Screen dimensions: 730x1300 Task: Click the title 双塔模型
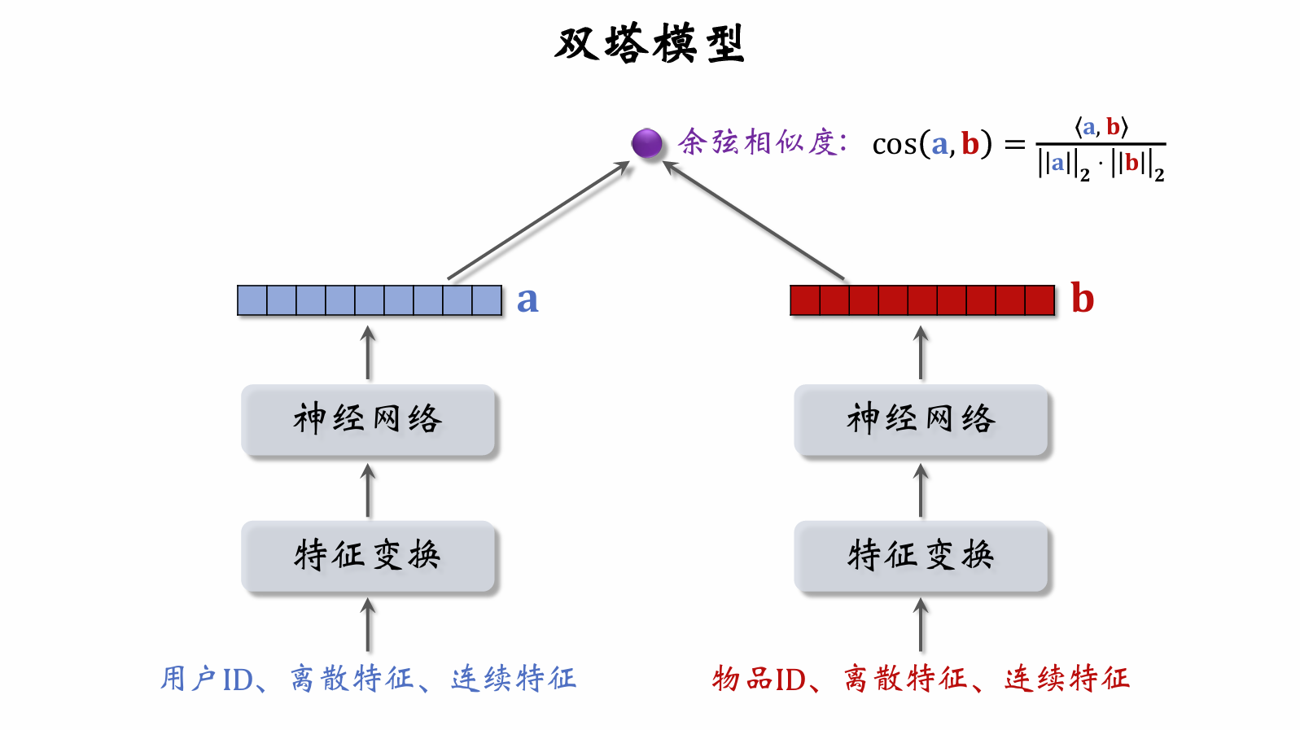click(x=650, y=44)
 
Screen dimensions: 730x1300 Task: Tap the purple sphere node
click(x=647, y=143)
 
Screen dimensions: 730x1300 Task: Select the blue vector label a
click(x=527, y=300)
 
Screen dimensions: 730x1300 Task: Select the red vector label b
click(x=1082, y=299)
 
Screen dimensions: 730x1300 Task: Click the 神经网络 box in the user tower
click(x=368, y=420)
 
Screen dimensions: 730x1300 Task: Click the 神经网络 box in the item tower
click(x=921, y=420)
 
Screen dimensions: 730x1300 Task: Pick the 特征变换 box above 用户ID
click(x=368, y=556)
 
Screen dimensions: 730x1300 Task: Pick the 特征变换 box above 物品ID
click(x=921, y=556)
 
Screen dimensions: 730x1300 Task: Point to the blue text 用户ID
click(x=207, y=679)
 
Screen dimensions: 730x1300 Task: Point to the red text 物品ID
click(x=759, y=679)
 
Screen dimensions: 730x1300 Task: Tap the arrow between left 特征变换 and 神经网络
click(x=368, y=491)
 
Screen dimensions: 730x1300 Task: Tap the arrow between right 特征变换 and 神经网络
click(x=921, y=491)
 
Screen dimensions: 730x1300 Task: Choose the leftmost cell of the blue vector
click(x=252, y=300)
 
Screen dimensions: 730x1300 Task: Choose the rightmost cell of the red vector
click(x=1040, y=300)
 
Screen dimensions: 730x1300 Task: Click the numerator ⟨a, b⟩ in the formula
click(x=1101, y=127)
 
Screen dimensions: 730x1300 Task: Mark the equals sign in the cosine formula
click(x=1014, y=145)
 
